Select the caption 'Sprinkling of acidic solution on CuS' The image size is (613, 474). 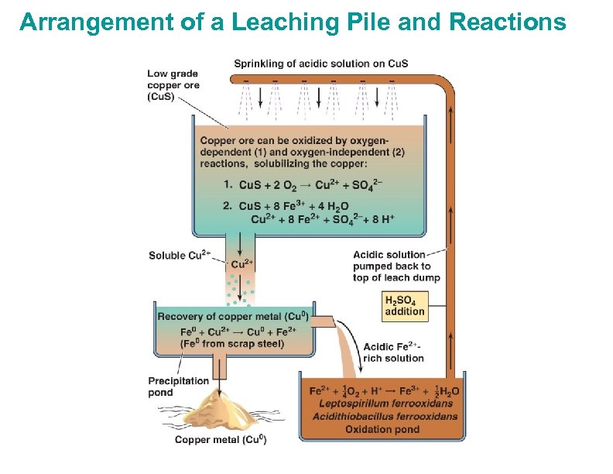pyautogui.click(x=321, y=64)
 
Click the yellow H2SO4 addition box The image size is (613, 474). pyautogui.click(x=405, y=306)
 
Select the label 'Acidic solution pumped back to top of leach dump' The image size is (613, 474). pyautogui.click(x=396, y=266)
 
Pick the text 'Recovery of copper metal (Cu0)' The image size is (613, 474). pyautogui.click(x=233, y=317)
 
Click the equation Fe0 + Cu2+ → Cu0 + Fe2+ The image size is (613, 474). pyautogui.click(x=224, y=331)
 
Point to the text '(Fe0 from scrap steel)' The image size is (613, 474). pyautogui.click(x=221, y=343)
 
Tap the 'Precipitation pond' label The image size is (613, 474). pyautogui.click(x=178, y=386)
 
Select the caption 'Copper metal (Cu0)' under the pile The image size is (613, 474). pyautogui.click(x=221, y=441)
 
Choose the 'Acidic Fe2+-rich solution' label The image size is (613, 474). pyautogui.click(x=394, y=352)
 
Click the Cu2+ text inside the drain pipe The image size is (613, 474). pyautogui.click(x=241, y=264)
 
